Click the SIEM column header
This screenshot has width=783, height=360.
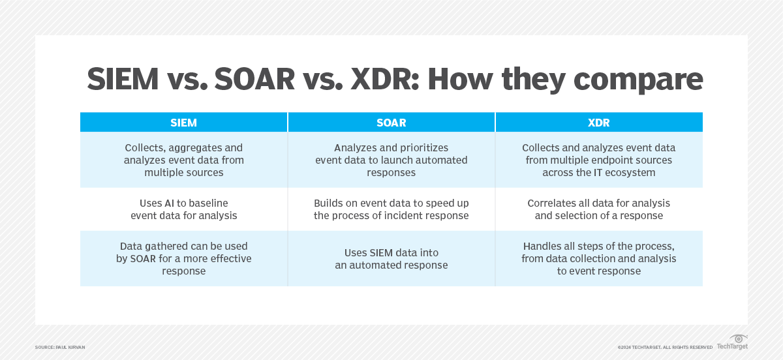tap(183, 123)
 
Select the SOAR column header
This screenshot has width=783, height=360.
tap(391, 123)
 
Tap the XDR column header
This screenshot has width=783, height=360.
tap(599, 123)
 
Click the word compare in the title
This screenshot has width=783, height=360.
tap(638, 80)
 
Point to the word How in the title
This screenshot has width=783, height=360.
tap(460, 79)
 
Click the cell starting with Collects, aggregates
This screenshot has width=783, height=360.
tap(183, 160)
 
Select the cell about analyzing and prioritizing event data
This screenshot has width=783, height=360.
tap(391, 160)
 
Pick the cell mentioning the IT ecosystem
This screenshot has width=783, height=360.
tap(599, 160)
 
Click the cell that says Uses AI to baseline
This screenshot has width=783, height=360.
tap(183, 209)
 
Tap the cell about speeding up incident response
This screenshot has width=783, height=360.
tap(391, 209)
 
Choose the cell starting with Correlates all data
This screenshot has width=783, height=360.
tap(599, 209)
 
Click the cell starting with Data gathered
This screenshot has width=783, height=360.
tap(183, 259)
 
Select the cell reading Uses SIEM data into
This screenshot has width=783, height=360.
tap(391, 259)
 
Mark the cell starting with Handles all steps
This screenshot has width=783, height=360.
tap(599, 259)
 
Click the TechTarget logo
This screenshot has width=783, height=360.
tap(732, 342)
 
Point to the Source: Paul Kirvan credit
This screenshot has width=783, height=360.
tap(60, 348)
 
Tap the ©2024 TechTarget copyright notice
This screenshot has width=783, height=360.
tap(665, 348)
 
